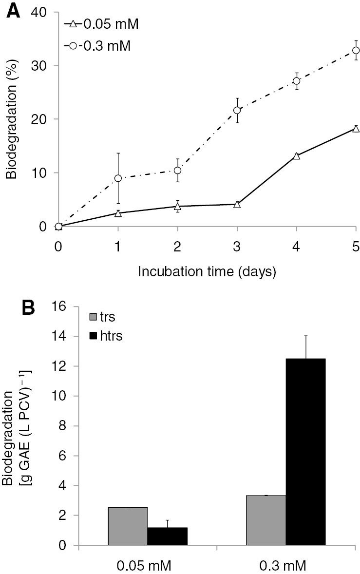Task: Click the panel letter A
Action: (x=13, y=11)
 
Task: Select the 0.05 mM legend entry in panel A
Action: (x=102, y=23)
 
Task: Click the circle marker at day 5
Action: (x=356, y=50)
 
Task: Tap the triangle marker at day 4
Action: (x=296, y=156)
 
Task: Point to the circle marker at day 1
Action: (x=118, y=178)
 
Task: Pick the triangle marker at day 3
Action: (x=237, y=204)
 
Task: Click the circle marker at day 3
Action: (x=237, y=110)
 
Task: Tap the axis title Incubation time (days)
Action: (x=207, y=272)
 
